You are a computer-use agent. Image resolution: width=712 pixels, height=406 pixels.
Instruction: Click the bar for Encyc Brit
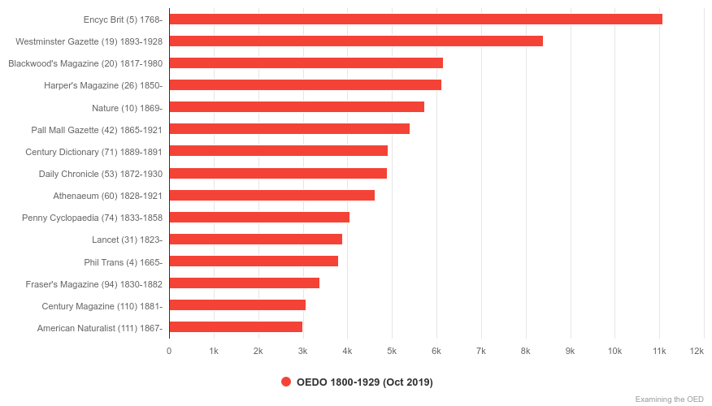pyautogui.click(x=415, y=19)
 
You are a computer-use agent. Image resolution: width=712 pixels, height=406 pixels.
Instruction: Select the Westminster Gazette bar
pyautogui.click(x=356, y=41)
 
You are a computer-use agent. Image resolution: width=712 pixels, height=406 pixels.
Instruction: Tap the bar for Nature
pyautogui.click(x=297, y=106)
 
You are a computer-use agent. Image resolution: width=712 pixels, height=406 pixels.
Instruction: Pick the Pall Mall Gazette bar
pyautogui.click(x=289, y=128)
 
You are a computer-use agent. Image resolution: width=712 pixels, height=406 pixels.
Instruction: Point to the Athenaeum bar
pyautogui.click(x=271, y=195)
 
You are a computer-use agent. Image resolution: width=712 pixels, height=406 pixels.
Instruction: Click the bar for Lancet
pyautogui.click(x=255, y=239)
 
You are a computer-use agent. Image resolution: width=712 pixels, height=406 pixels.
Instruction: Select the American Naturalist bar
pyautogui.click(x=236, y=326)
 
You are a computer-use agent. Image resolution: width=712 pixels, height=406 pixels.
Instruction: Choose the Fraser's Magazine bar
pyautogui.click(x=244, y=283)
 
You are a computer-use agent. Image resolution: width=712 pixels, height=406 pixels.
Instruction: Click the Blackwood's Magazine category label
pyautogui.click(x=85, y=63)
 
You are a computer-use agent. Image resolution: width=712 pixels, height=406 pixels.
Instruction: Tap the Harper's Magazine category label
pyautogui.click(x=103, y=85)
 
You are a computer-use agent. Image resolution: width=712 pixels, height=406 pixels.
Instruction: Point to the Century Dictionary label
pyautogui.click(x=93, y=151)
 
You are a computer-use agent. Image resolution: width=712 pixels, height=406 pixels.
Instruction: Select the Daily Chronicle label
pyautogui.click(x=101, y=174)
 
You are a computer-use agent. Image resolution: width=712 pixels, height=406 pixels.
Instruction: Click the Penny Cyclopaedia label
pyautogui.click(x=92, y=218)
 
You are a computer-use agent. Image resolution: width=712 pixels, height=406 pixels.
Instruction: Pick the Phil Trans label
pyautogui.click(x=123, y=261)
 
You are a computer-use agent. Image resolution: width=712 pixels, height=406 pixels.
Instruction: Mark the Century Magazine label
pyautogui.click(x=102, y=306)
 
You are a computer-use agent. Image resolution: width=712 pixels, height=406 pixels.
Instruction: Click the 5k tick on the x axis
pyautogui.click(x=392, y=351)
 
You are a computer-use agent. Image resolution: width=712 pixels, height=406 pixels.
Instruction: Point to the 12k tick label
pyautogui.click(x=697, y=351)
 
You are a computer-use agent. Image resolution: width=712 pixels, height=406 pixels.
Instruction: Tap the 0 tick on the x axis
pyautogui.click(x=169, y=351)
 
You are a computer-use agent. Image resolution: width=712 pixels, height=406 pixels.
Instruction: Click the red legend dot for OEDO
pyautogui.click(x=286, y=382)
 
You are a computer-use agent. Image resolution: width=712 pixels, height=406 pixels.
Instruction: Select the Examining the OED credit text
pyautogui.click(x=669, y=399)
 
